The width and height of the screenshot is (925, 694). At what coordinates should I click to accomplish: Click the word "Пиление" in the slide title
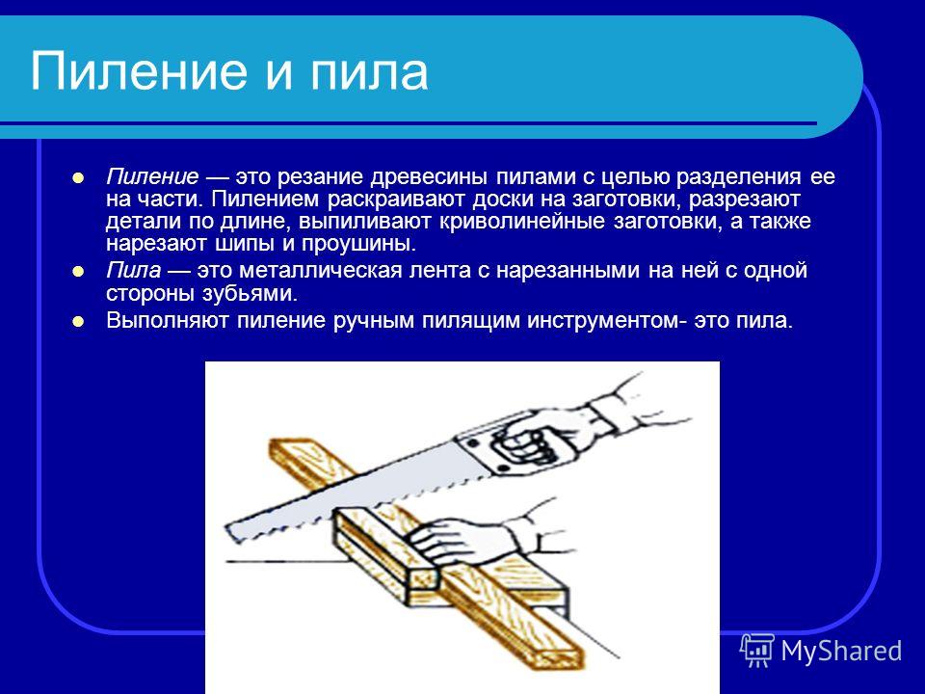pyautogui.click(x=138, y=71)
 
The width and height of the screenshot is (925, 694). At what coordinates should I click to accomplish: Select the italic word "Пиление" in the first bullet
pyautogui.click(x=153, y=176)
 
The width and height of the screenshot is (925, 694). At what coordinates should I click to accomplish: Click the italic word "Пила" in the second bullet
pyautogui.click(x=133, y=270)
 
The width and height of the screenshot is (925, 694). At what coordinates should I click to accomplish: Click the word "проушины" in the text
pyautogui.click(x=358, y=244)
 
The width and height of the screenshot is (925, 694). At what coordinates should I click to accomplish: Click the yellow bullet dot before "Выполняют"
pyautogui.click(x=78, y=322)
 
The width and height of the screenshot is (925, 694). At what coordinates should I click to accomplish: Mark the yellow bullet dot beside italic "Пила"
pyautogui.click(x=78, y=272)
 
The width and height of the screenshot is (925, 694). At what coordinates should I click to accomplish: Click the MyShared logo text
pyautogui.click(x=841, y=651)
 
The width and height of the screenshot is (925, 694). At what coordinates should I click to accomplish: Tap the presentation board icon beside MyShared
pyautogui.click(x=757, y=651)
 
